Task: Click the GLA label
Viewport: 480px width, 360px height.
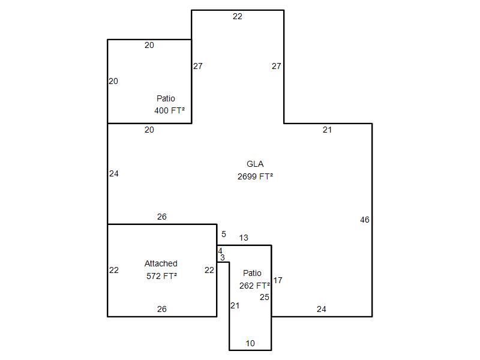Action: [x=255, y=164]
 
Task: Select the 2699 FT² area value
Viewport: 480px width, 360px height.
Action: [x=256, y=176]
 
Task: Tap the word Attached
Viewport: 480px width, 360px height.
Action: [x=161, y=263]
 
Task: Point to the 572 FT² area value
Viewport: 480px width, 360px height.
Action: [x=161, y=276]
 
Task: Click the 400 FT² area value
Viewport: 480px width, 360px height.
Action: [x=170, y=110]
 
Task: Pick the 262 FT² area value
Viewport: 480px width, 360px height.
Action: [x=254, y=286]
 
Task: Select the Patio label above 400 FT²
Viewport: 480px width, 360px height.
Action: [x=166, y=98]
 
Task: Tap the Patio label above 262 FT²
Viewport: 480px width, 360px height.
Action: [x=252, y=273]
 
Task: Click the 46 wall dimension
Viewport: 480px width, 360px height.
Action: [x=365, y=220]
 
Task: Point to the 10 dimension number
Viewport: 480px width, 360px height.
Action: [x=250, y=343]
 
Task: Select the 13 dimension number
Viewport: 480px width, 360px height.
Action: [x=244, y=238]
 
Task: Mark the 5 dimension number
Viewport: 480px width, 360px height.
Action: [x=224, y=234]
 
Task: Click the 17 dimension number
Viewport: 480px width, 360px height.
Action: [x=278, y=280]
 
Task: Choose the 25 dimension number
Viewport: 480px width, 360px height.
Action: [x=265, y=297]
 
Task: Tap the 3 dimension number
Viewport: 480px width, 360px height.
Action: [x=223, y=258]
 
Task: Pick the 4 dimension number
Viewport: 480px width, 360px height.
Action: [x=220, y=251]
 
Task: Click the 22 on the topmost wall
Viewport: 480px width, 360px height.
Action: [x=238, y=17]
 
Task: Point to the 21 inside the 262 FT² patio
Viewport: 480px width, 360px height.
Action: [x=235, y=305]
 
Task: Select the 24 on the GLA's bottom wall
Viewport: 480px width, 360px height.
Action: [x=322, y=309]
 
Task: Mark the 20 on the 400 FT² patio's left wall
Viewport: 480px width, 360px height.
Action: [x=113, y=81]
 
